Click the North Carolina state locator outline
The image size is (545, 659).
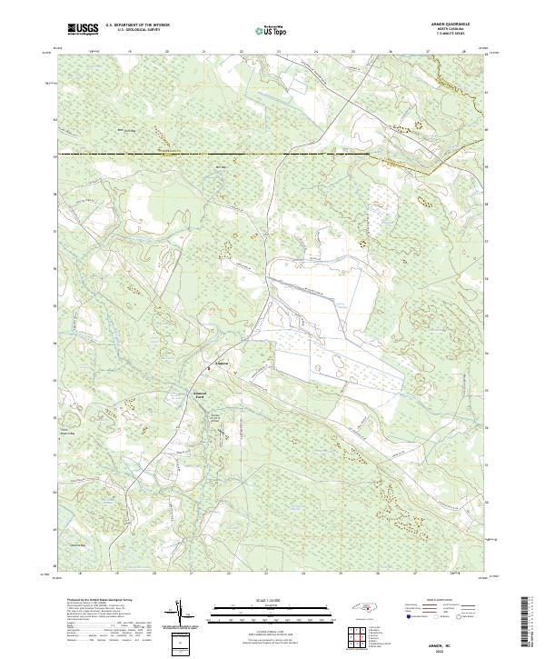[x=362, y=606]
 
